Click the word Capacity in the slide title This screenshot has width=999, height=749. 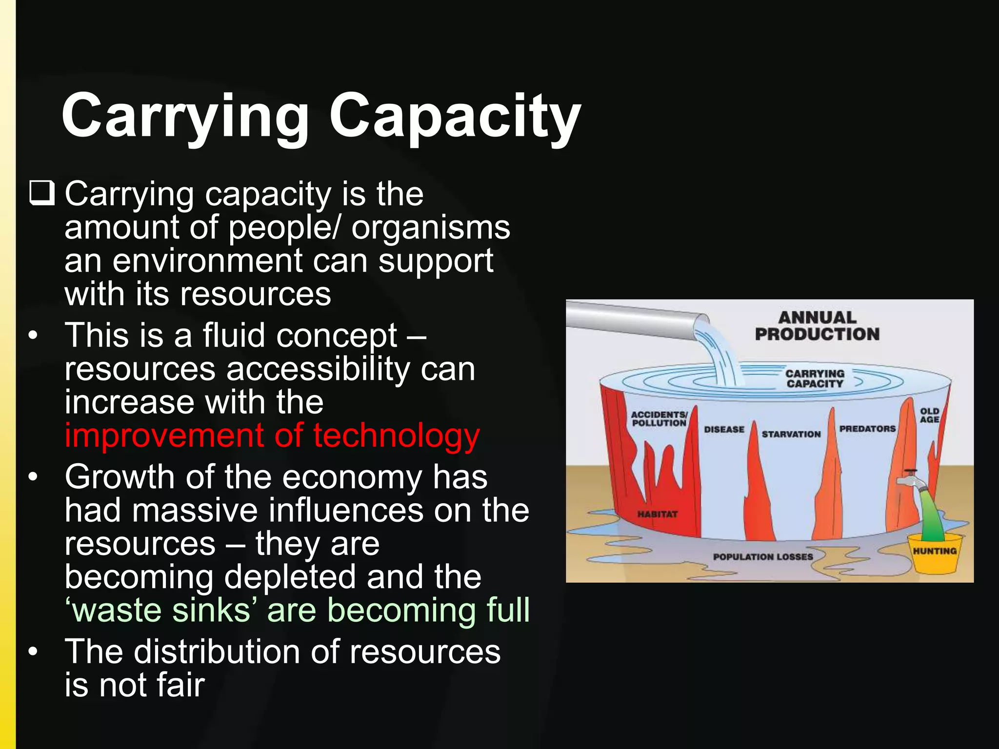(x=455, y=117)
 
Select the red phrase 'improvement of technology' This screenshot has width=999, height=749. (x=272, y=435)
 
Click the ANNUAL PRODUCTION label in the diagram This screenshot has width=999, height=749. (x=817, y=326)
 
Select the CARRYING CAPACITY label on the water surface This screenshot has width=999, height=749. (x=815, y=378)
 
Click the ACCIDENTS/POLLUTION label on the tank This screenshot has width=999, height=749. (x=659, y=418)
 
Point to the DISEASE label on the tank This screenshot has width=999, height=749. (x=724, y=430)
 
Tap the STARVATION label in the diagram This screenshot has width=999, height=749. (x=791, y=434)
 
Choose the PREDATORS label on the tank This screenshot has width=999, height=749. (x=867, y=429)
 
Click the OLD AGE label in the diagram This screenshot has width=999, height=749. (x=929, y=415)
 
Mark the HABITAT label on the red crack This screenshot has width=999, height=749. (x=657, y=514)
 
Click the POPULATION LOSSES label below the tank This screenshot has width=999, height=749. (x=763, y=557)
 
